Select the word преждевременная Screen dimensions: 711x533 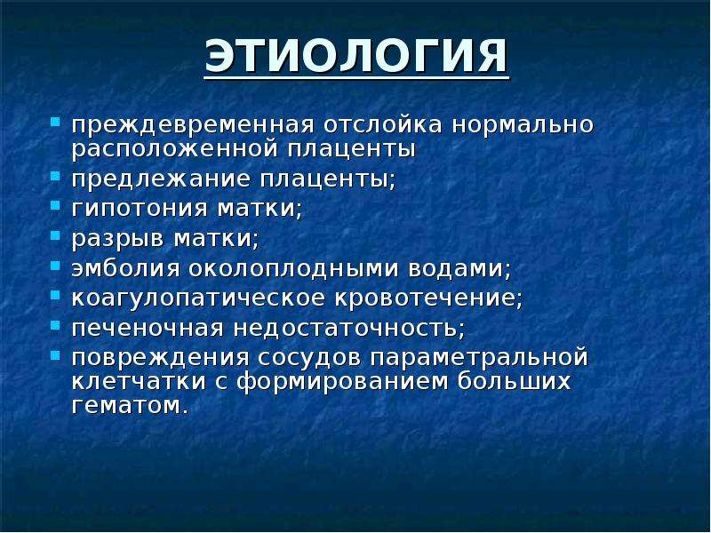pos(193,124)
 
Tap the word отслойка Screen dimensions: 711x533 pos(383,124)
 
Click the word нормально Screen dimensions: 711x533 pos(523,124)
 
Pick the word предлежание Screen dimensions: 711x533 pos(161,179)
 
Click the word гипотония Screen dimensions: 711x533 pos(140,209)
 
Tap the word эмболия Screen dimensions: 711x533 pos(125,268)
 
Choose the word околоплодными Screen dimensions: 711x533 pos(294,268)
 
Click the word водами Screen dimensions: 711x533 pos(456,268)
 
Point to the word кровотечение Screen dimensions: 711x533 pos(425,298)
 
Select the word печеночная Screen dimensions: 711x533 pos(148,328)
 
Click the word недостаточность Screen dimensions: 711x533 pos(346,328)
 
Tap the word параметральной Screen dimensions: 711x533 pos(479,357)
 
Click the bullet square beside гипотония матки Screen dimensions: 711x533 pos(55,206)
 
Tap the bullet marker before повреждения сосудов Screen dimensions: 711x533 pos(55,354)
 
